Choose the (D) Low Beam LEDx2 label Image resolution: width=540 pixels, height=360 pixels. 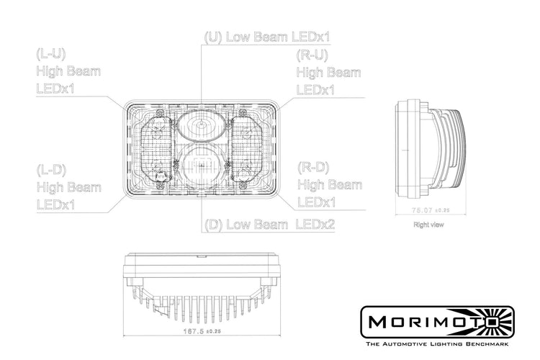(270, 224)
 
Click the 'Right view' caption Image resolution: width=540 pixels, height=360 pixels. (429, 225)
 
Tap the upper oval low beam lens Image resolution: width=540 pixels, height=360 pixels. (202, 127)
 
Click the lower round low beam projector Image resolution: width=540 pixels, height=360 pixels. (201, 168)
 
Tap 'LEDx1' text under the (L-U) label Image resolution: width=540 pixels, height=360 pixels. (55, 89)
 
